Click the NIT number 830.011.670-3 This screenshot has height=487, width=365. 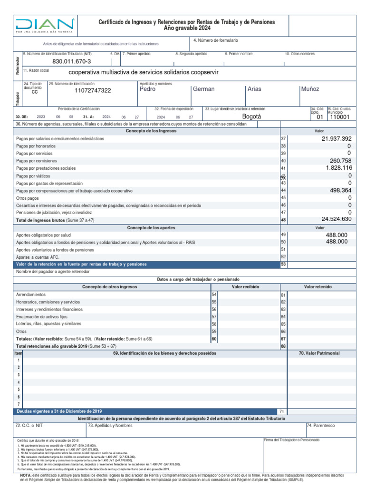(x=71, y=62)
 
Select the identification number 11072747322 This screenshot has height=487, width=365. (x=93, y=90)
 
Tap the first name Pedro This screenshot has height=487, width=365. (x=147, y=89)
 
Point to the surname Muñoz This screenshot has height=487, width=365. (x=310, y=89)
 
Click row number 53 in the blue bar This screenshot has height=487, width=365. (x=284, y=264)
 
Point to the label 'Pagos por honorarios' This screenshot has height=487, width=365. (x=36, y=146)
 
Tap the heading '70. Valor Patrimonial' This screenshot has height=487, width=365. (x=319, y=353)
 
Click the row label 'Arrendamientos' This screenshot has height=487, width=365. (x=31, y=295)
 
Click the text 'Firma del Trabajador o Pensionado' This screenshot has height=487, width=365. (x=291, y=440)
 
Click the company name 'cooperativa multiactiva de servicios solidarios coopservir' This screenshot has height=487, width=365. (x=151, y=73)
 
